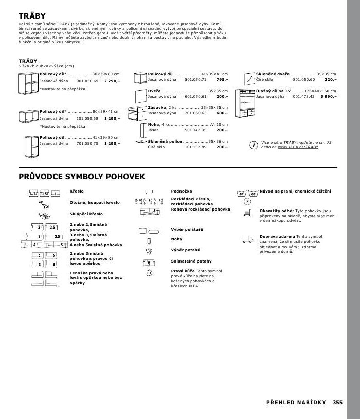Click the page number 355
click(x=337, y=403)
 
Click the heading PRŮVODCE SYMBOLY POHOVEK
click(x=82, y=177)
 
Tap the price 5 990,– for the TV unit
click(x=328, y=96)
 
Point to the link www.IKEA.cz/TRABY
click(x=298, y=147)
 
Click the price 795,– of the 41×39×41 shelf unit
click(x=222, y=80)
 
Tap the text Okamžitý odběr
click(x=277, y=211)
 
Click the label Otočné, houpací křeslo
click(x=94, y=202)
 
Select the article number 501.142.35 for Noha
click(x=195, y=130)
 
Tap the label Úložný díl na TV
click(x=273, y=91)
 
